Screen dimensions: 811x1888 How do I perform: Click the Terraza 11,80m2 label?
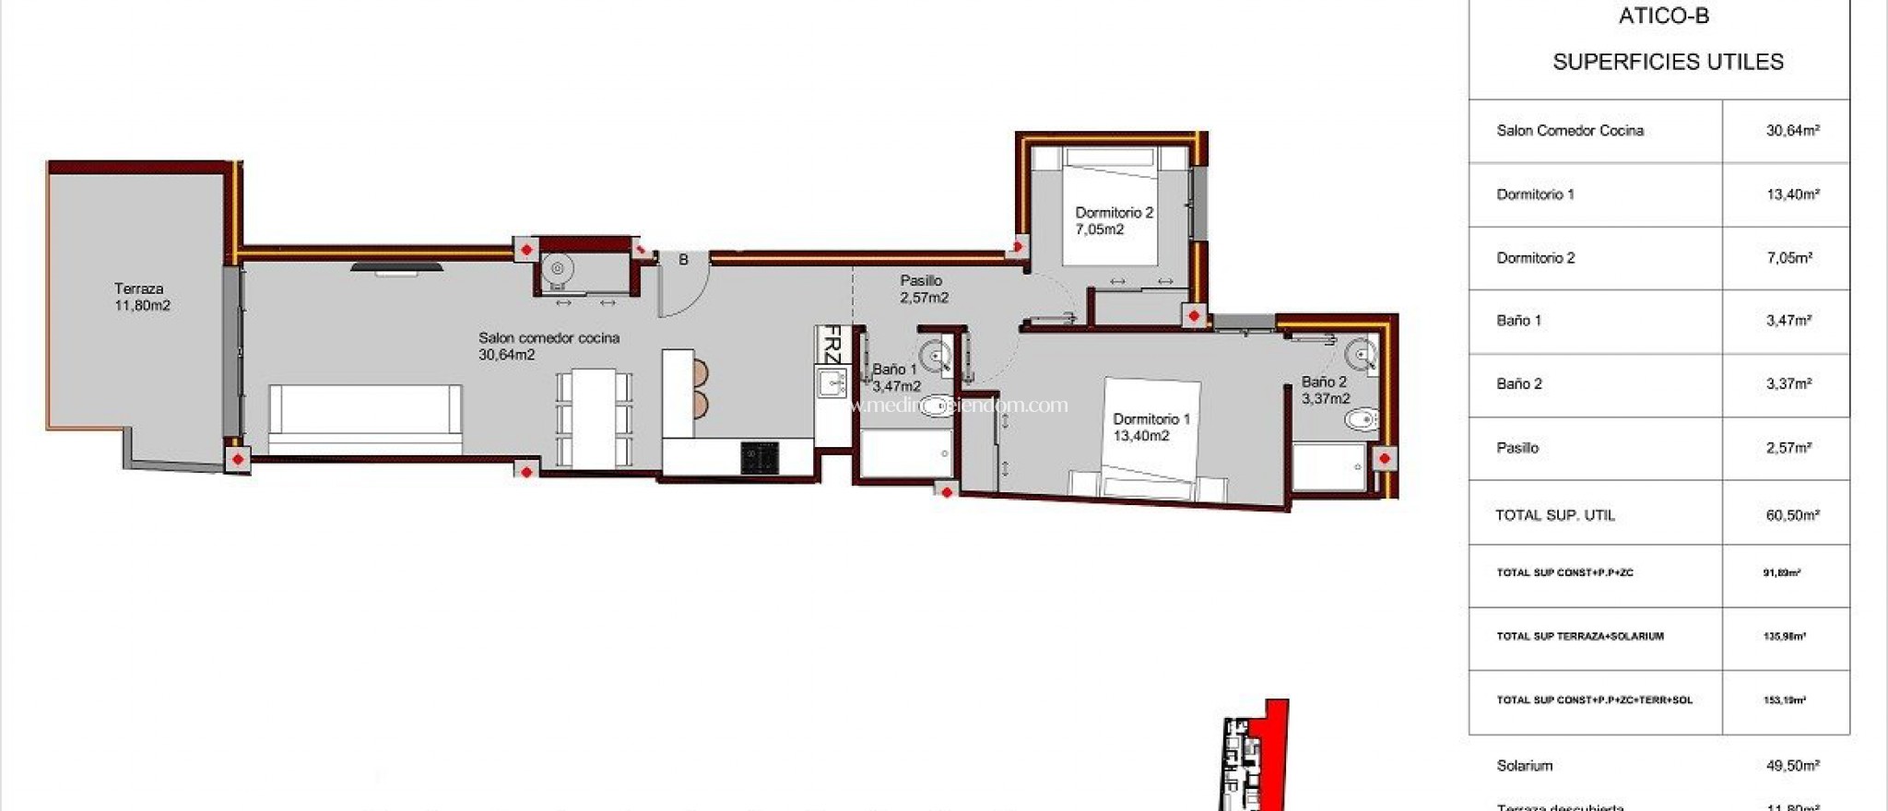pyautogui.click(x=141, y=297)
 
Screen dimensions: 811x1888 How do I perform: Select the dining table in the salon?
pyautogui.click(x=594, y=416)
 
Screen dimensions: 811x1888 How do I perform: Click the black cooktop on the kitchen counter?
pyautogui.click(x=760, y=457)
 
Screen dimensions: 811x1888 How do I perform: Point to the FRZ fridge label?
pyautogui.click(x=832, y=345)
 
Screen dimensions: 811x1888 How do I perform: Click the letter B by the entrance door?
pyautogui.click(x=683, y=260)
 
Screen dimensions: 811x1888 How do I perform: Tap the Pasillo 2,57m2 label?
pyautogui.click(x=923, y=288)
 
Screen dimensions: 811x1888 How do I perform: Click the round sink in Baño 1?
pyautogui.click(x=936, y=354)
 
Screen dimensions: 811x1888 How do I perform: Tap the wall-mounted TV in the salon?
pyautogui.click(x=396, y=268)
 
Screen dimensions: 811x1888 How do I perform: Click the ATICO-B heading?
pyautogui.click(x=1663, y=17)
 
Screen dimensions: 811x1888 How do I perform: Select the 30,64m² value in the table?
pyautogui.click(x=1792, y=131)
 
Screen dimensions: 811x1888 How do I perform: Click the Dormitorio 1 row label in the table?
pyautogui.click(x=1535, y=194)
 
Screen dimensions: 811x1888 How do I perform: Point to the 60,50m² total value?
pyautogui.click(x=1792, y=515)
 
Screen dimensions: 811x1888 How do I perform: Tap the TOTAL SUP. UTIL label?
pyautogui.click(x=1554, y=515)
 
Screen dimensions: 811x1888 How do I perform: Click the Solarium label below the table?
pyautogui.click(x=1524, y=766)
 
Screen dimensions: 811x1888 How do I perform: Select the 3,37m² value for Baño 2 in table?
pyautogui.click(x=1788, y=384)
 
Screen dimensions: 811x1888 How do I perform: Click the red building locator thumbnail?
pyautogui.click(x=1256, y=756)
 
